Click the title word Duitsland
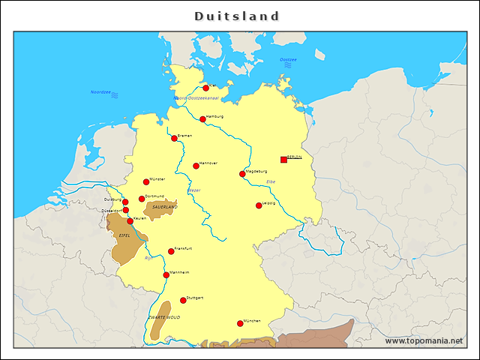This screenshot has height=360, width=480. point(237,16)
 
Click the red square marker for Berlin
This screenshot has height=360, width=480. point(283,159)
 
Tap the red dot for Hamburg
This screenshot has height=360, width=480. point(202,118)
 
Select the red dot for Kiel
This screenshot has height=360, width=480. point(206,88)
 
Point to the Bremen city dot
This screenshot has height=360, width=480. point(174,138)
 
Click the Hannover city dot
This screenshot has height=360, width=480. point(196,166)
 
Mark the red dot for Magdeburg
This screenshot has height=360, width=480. point(242,174)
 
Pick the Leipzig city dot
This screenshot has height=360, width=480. point(259,205)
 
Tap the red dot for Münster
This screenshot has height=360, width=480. point(146,181)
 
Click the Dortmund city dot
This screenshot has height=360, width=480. point(142,199)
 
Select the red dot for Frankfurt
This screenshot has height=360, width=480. point(171,250)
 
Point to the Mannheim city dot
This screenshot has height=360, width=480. point(166,274)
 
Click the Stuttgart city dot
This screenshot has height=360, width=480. point(183,300)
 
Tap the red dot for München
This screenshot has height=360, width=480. point(240,323)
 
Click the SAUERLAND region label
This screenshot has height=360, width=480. point(164,206)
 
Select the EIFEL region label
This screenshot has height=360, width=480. point(124,235)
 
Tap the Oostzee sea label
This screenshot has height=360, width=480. point(288,59)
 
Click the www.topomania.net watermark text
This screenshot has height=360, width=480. point(424,340)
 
